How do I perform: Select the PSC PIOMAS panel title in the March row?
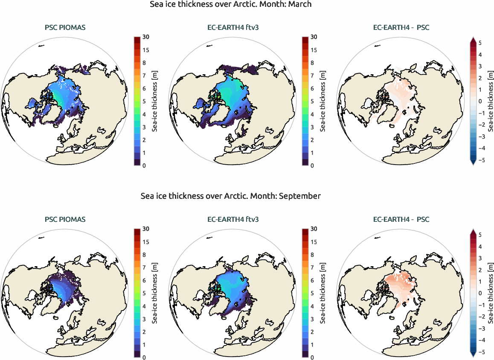pyautogui.click(x=65, y=28)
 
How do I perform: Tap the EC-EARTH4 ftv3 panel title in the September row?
pyautogui.click(x=233, y=220)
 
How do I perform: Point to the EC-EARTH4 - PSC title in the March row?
pyautogui.click(x=401, y=28)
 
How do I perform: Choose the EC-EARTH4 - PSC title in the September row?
pyautogui.click(x=401, y=220)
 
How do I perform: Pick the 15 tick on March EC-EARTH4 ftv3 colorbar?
pyautogui.click(x=314, y=50)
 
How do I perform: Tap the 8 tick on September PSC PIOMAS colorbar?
pyautogui.click(x=145, y=255)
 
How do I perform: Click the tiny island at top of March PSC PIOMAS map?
pyautogui.click(x=41, y=46)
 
